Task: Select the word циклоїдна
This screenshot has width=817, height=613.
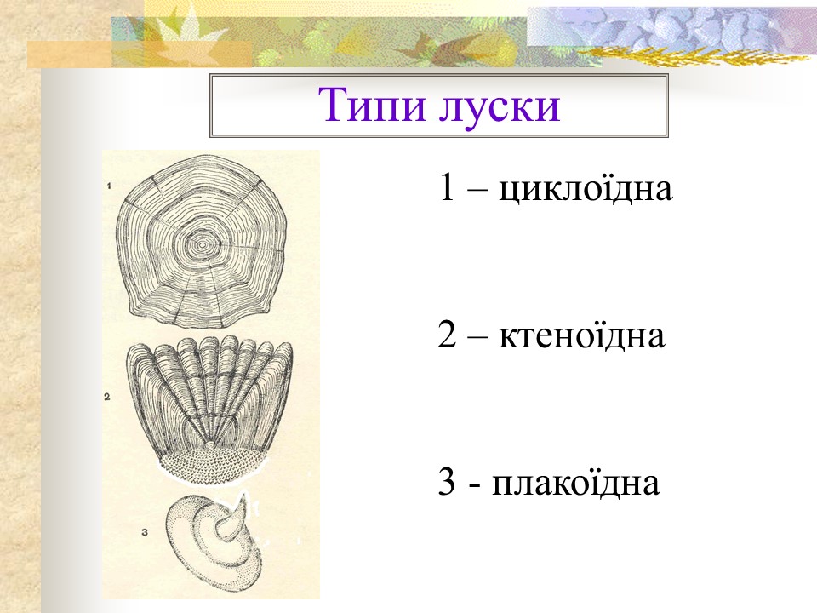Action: (586, 188)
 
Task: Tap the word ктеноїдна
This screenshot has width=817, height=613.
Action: (579, 336)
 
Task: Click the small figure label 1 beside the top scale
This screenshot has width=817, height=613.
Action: (110, 184)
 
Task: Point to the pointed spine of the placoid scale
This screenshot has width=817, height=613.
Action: (241, 509)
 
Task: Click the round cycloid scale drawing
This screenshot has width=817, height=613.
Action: (204, 247)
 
